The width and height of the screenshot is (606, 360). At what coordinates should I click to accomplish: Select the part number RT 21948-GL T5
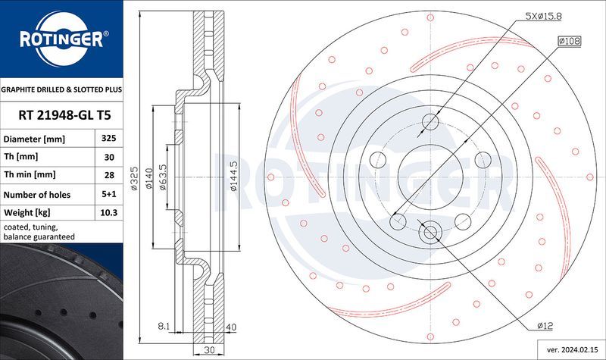61,114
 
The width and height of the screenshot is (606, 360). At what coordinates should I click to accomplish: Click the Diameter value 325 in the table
108,139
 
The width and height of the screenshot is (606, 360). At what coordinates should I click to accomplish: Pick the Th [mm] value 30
108,158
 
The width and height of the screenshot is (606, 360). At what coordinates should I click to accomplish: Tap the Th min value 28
108,176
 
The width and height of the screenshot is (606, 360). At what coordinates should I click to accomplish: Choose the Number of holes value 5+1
108,195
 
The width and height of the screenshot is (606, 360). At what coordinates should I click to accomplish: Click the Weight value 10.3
108,213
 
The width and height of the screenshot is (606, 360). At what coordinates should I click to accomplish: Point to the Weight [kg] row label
27,213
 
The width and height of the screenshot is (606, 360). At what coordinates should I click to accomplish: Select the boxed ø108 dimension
570,41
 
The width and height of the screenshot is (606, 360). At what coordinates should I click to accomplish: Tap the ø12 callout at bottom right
545,326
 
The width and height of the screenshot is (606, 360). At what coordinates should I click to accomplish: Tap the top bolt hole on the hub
430,122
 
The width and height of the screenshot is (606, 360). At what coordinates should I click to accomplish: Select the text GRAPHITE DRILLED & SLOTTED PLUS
61,89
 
